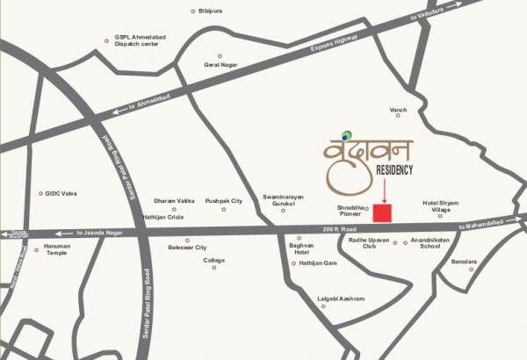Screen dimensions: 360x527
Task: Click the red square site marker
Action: pos(382,213)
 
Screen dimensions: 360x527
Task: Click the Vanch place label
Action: pos(399,110)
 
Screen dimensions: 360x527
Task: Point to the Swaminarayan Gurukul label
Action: pos(283,201)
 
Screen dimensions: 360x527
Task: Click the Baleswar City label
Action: pos(187,248)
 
